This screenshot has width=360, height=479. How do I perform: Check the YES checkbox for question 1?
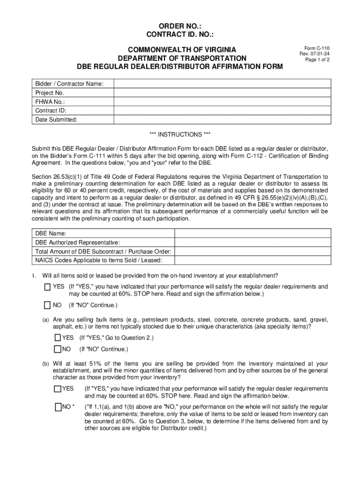click(x=48, y=287)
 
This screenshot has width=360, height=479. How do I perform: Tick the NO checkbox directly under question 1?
click(x=48, y=305)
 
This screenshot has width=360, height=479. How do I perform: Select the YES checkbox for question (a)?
click(x=58, y=338)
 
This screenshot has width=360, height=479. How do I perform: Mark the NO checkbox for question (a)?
click(x=58, y=349)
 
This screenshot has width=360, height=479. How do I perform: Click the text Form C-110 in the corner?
click(x=317, y=48)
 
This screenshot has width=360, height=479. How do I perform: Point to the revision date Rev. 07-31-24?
click(x=317, y=54)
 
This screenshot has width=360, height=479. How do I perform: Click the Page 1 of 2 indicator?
click(x=317, y=60)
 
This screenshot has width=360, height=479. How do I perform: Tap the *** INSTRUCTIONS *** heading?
click(x=180, y=135)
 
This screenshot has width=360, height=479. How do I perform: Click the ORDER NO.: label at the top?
click(x=180, y=26)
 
